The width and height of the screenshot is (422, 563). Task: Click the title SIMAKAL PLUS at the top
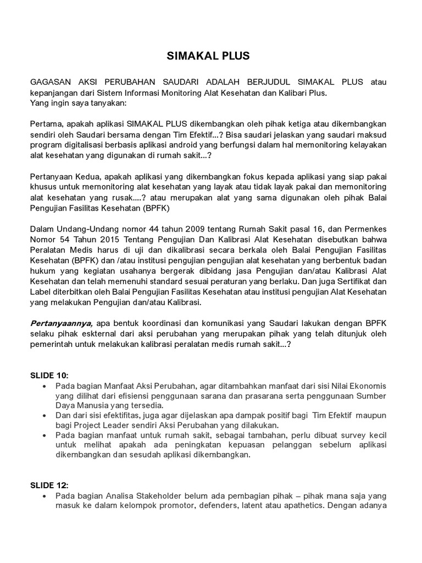(x=208, y=56)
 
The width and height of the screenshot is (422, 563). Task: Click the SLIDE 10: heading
(x=49, y=376)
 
